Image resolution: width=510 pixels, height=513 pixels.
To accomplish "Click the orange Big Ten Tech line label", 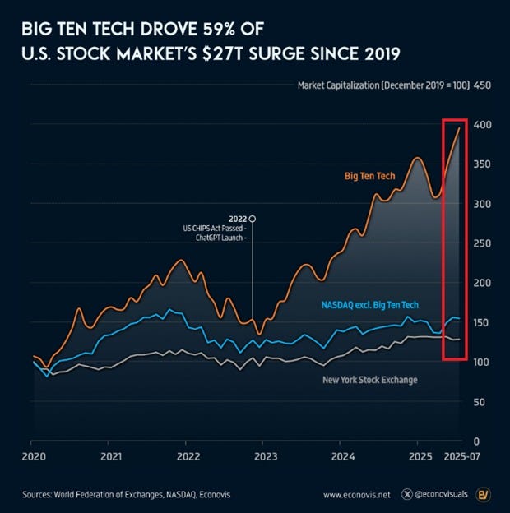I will [x=371, y=175].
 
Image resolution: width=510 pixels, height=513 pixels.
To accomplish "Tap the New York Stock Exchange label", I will [x=369, y=379].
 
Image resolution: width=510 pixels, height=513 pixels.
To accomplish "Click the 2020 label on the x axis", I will [x=33, y=455].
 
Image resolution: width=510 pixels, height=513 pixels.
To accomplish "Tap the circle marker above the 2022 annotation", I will [x=253, y=218].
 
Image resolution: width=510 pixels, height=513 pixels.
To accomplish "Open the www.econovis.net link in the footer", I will [x=356, y=495].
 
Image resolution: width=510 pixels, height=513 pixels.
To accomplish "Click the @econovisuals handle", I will [x=445, y=495].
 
